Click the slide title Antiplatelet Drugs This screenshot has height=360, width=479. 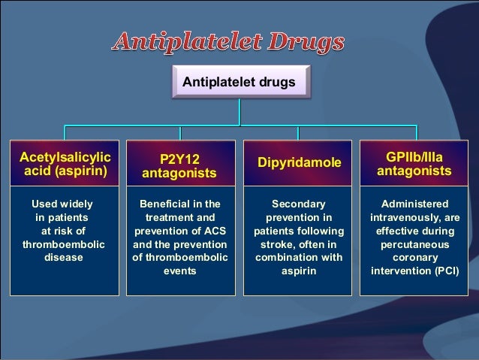(x=229, y=42)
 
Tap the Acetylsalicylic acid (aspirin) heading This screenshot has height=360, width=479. (x=65, y=164)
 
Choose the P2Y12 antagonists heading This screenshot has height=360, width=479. (x=180, y=166)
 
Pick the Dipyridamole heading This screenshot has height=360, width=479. (x=299, y=162)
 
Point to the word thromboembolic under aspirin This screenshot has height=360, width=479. (x=65, y=244)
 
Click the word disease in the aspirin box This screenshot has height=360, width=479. (x=65, y=257)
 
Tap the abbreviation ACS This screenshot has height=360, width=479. (x=212, y=230)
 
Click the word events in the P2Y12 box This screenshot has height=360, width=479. (x=179, y=271)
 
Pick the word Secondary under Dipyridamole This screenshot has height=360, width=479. (x=298, y=204)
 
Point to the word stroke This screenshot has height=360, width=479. (x=276, y=244)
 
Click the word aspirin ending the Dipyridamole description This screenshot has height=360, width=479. (x=298, y=271)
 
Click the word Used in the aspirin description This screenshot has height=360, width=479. (x=41, y=204)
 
